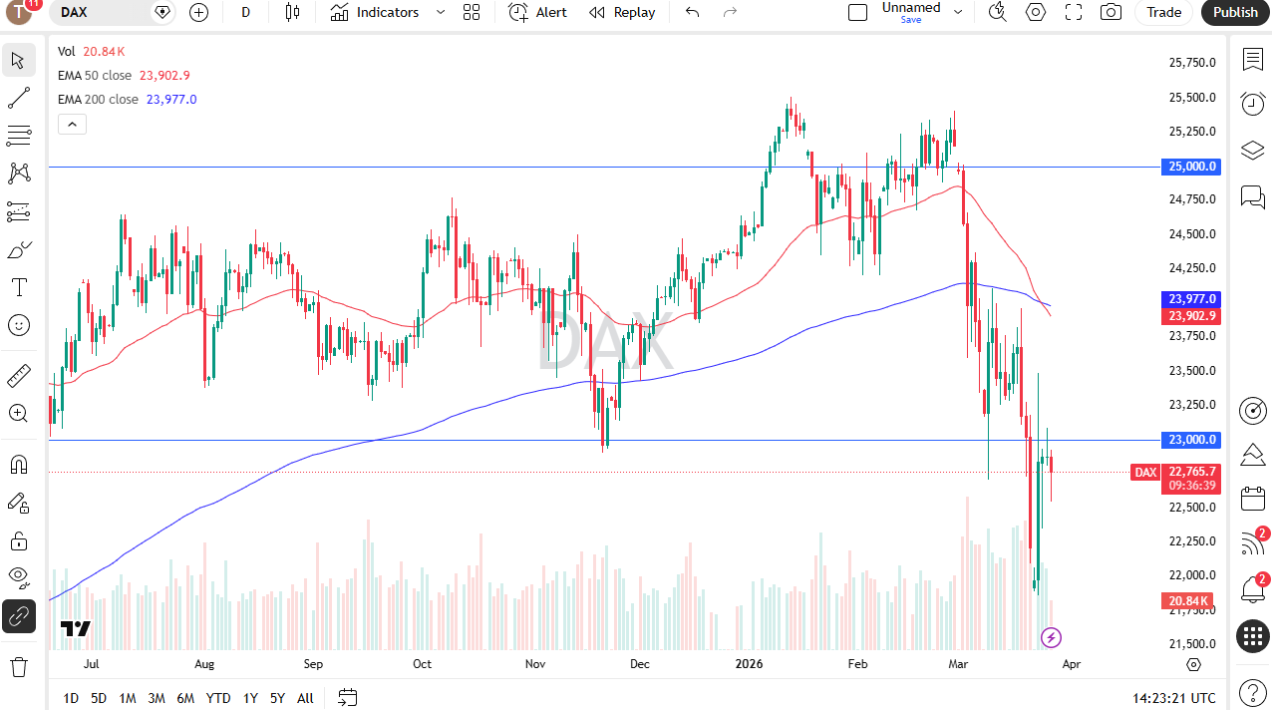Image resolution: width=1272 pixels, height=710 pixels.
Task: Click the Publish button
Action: click(1235, 12)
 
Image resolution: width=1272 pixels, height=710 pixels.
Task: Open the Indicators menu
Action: click(375, 12)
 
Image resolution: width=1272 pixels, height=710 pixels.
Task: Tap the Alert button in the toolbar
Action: click(538, 12)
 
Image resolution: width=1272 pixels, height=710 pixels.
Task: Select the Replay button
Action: click(622, 12)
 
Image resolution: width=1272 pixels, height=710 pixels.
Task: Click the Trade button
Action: click(1163, 12)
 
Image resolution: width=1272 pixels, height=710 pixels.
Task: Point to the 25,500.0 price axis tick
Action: click(1192, 98)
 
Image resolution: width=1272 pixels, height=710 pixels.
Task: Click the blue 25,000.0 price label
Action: click(1191, 167)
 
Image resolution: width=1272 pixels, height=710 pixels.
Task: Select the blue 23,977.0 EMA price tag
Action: click(1191, 298)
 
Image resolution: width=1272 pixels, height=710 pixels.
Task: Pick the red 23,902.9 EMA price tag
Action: click(1191, 316)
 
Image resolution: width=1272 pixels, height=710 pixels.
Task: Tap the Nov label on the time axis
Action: click(535, 664)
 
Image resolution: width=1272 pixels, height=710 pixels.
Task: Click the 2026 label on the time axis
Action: click(749, 664)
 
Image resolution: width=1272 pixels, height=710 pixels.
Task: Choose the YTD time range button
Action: click(218, 698)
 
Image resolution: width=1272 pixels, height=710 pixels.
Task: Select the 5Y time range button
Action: click(277, 698)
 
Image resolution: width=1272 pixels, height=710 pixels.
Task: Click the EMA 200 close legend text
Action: click(98, 100)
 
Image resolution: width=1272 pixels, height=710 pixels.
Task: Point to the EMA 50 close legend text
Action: click(95, 76)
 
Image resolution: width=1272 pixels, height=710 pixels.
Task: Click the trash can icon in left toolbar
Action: click(19, 666)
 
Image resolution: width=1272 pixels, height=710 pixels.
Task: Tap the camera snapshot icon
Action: click(1111, 12)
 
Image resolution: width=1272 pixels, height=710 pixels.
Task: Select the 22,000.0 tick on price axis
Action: click(1192, 575)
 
